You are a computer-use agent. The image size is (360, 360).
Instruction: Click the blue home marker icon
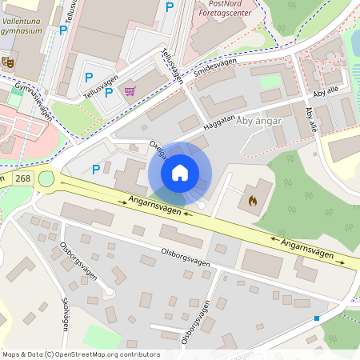coord(180,172)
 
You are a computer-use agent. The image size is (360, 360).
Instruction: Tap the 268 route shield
coord(23,178)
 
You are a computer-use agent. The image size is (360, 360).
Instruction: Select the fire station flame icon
coord(254,200)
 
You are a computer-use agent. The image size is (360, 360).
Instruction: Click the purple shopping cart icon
coord(130,91)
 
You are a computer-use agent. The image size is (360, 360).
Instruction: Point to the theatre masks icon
coord(9,60)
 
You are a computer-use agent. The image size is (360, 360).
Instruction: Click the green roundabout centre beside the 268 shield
coord(46,178)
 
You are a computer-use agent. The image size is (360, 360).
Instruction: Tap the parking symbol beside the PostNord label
coord(169,6)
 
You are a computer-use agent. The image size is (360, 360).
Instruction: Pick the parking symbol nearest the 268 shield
coord(96,169)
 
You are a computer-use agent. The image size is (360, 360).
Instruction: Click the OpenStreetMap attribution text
coord(81,354)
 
